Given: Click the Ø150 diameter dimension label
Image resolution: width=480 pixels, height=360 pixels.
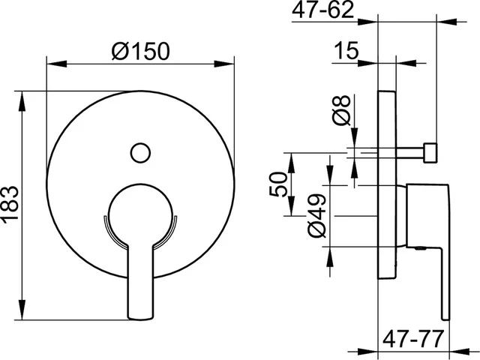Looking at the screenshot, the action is pyautogui.click(x=140, y=51).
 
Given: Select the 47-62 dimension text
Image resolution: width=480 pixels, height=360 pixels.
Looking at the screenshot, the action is pyautogui.click(x=322, y=10).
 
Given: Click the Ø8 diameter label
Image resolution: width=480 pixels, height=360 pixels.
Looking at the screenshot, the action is pyautogui.click(x=341, y=110).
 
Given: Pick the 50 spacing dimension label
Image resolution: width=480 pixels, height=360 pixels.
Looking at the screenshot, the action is pyautogui.click(x=278, y=184).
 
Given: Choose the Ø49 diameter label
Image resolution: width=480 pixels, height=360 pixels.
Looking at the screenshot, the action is pyautogui.click(x=316, y=216).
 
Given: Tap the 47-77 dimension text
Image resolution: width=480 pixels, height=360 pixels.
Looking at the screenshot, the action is pyautogui.click(x=412, y=339).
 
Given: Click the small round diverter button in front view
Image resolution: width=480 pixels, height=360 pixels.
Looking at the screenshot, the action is pyautogui.click(x=140, y=152).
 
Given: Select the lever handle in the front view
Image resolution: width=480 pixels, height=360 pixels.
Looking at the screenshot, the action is pyautogui.click(x=140, y=282).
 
